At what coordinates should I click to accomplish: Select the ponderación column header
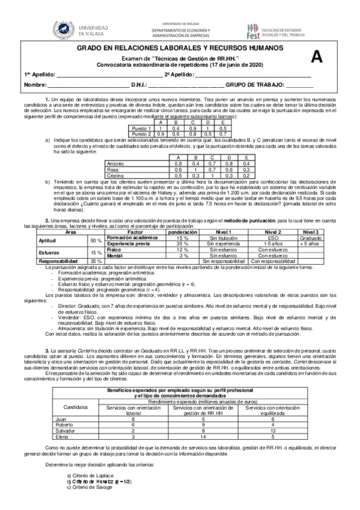(182, 231)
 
